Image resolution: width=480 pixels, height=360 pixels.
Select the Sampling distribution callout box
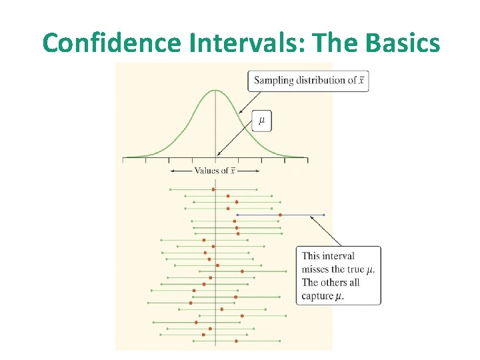pos(307,81)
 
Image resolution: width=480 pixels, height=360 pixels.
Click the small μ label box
pos(261,121)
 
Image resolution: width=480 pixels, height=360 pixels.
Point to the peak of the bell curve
pos(215,90)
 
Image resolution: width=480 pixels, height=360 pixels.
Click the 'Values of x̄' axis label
pos(214,171)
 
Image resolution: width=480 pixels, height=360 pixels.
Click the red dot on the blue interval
pos(280,215)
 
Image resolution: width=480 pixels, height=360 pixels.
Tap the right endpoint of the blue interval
pos(324,215)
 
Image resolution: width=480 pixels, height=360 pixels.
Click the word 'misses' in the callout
pos(319,269)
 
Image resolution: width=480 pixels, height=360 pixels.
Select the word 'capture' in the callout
pos(318,296)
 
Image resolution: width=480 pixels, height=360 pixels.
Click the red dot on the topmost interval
pos(213,189)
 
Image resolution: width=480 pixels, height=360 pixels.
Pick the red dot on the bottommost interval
pos(237,341)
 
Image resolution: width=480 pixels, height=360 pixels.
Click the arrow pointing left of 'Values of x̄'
pos(180,171)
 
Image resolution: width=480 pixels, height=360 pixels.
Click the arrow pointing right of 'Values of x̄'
pos(249,171)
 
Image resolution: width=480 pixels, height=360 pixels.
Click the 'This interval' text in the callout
pos(328,256)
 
